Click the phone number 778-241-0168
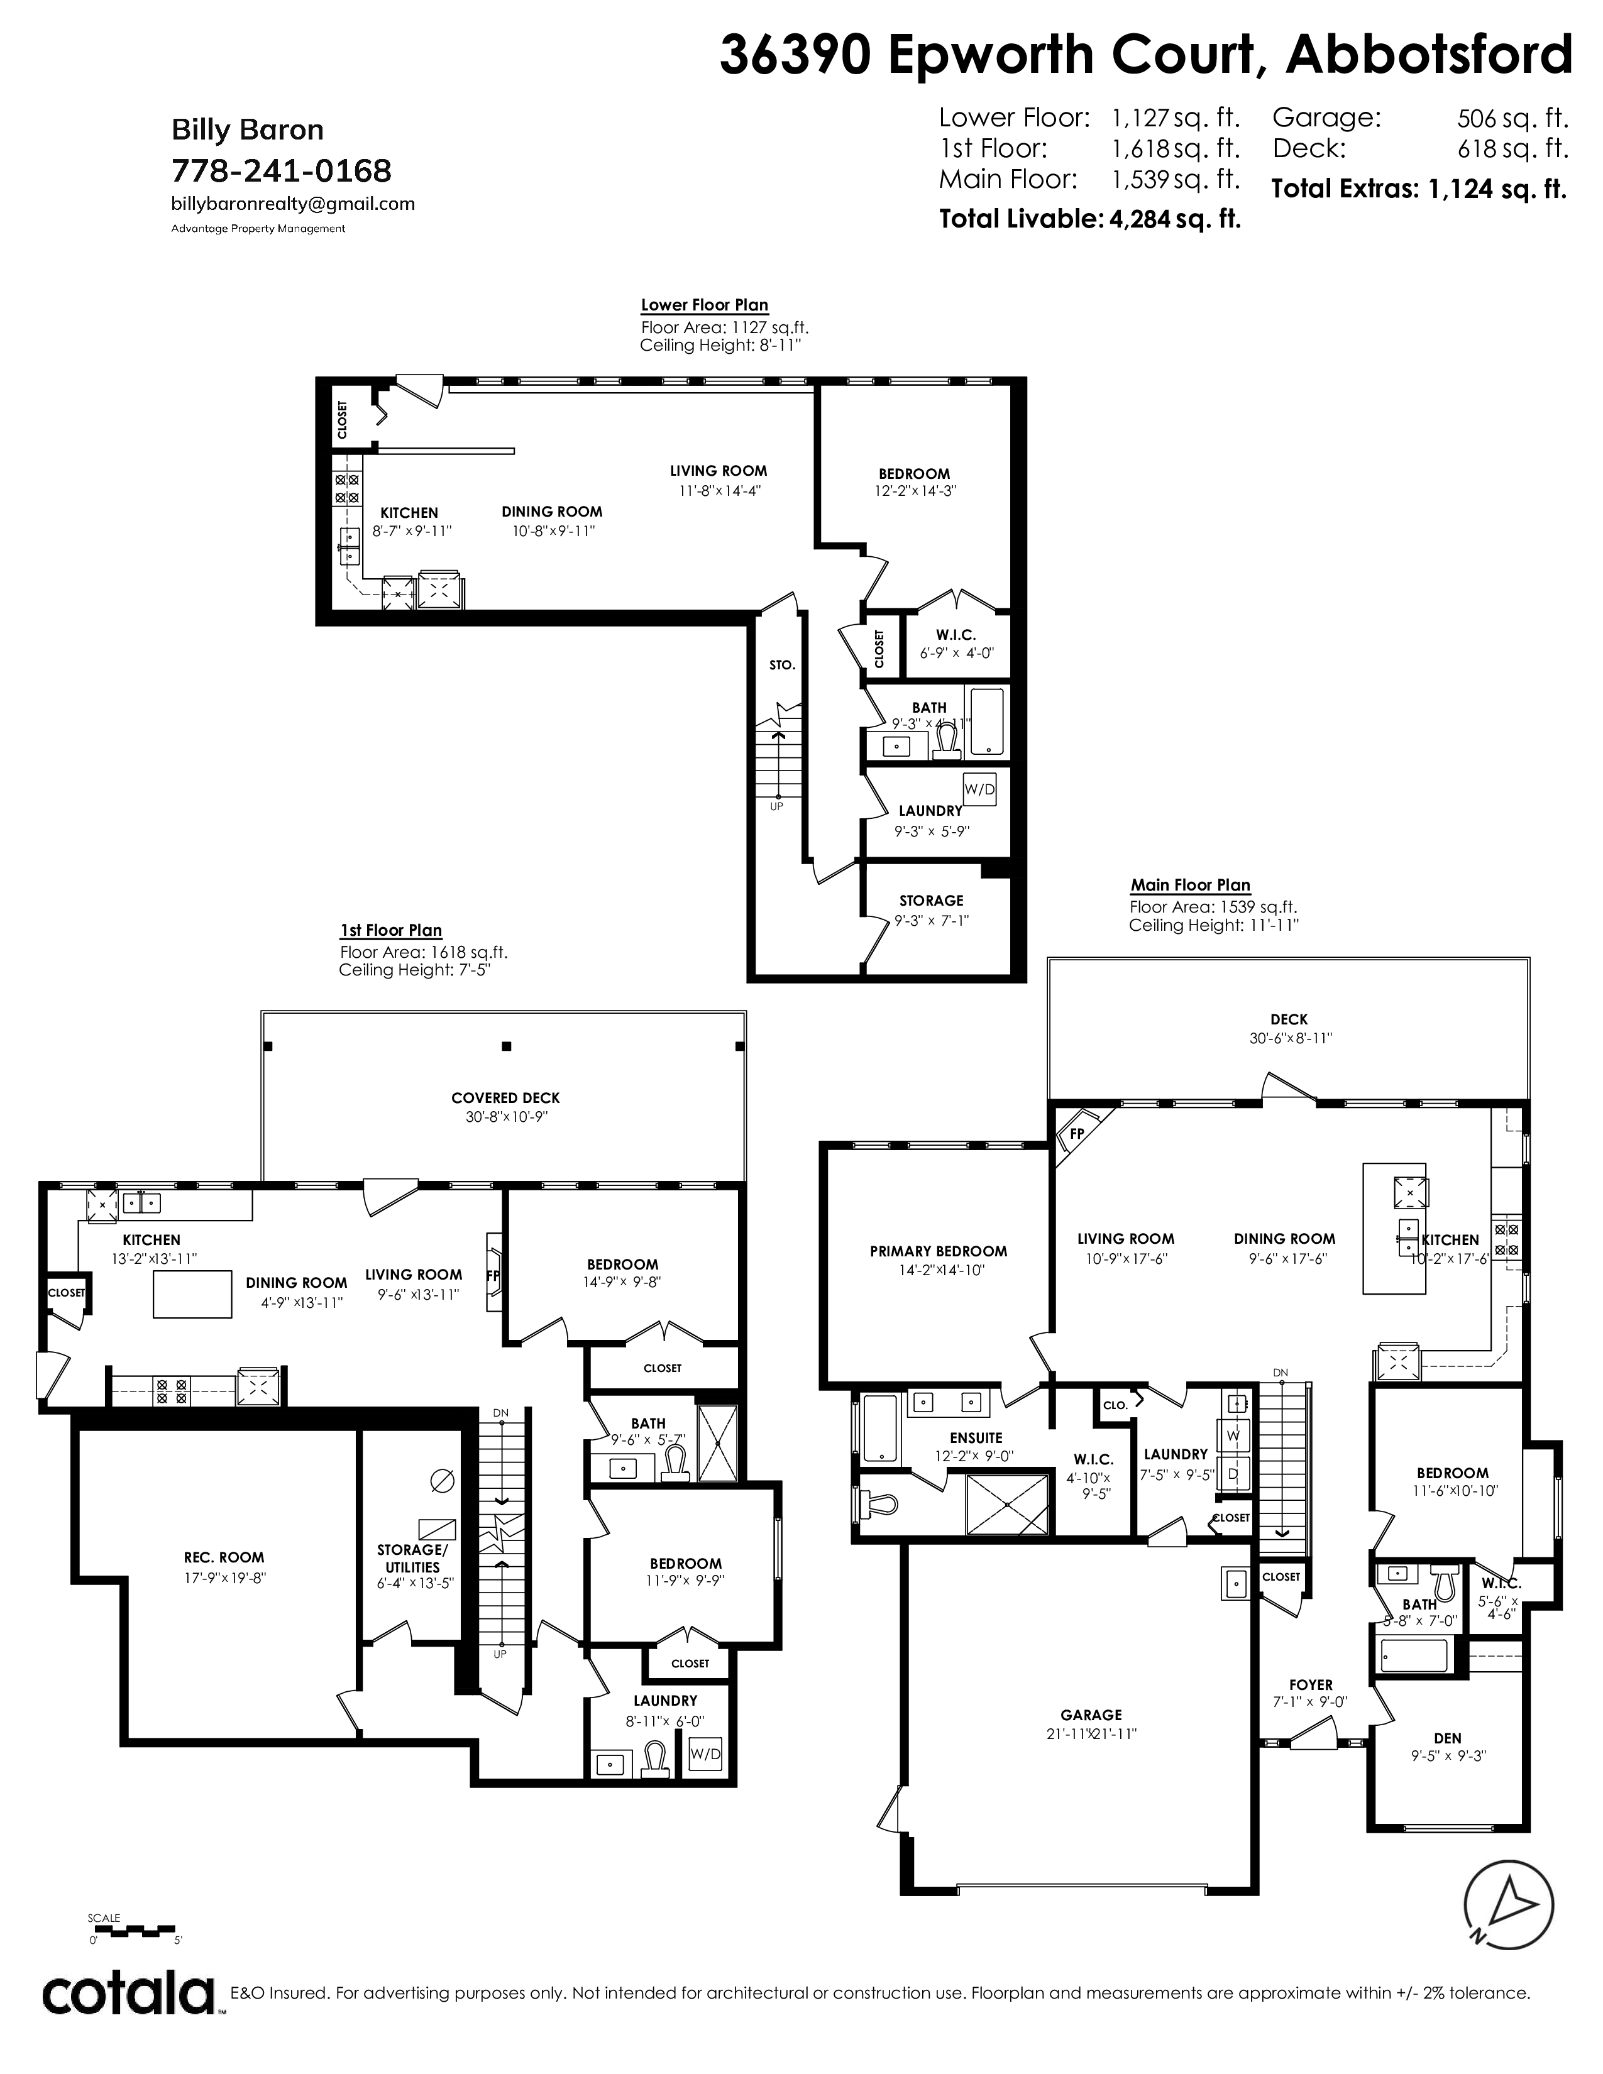281,171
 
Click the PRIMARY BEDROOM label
939,1251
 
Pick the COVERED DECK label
506,1098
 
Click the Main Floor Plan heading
1190,885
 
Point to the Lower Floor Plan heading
705,305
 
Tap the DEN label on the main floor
1447,1738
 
